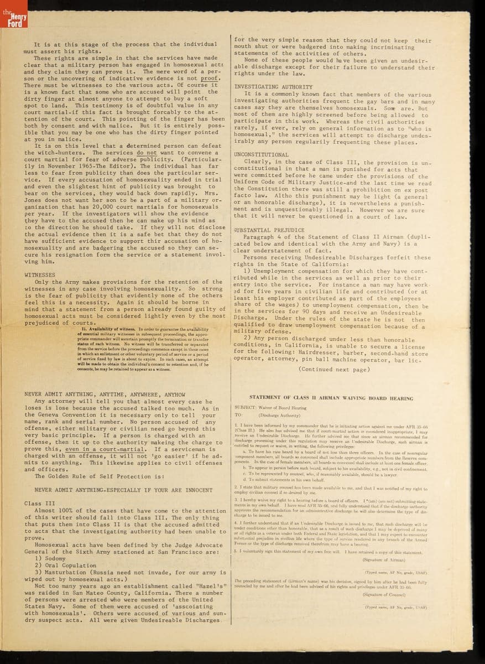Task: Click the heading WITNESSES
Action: [x=40, y=274]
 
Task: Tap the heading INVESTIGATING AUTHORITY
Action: [x=273, y=87]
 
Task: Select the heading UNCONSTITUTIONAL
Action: [x=261, y=154]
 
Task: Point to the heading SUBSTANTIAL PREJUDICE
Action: [x=269, y=230]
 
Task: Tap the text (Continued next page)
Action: [x=333, y=369]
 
